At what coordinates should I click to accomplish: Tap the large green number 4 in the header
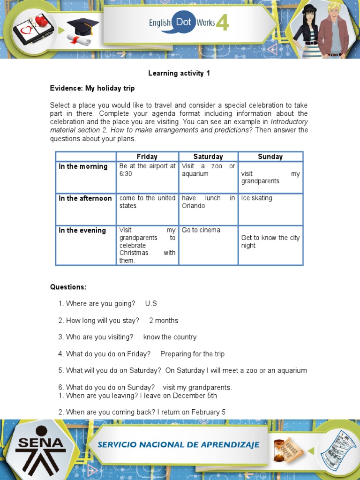tap(222, 22)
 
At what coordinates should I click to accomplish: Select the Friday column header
tap(147, 157)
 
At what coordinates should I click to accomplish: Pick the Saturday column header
tap(208, 157)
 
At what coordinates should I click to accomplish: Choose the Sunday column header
tap(270, 157)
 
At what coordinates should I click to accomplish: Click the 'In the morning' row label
tap(83, 166)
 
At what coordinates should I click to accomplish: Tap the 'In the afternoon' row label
tap(85, 198)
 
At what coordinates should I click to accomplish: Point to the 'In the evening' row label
tap(82, 230)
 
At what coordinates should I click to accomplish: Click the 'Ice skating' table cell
tap(256, 198)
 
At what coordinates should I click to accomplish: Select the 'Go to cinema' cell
tap(201, 230)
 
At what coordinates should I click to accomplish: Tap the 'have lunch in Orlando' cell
tap(208, 202)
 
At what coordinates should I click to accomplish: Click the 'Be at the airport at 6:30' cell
tap(147, 170)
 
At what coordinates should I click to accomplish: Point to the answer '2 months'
tap(164, 321)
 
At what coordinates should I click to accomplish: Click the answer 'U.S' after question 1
tap(151, 304)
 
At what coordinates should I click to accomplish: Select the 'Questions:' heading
tap(68, 287)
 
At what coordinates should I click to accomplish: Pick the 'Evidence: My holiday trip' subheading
tap(92, 88)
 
